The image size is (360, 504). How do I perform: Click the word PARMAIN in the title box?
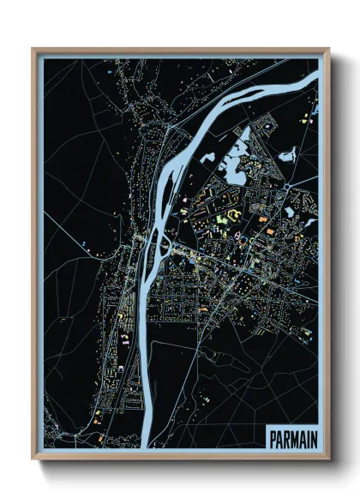coord(292,437)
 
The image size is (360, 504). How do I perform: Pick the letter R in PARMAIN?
coord(286,437)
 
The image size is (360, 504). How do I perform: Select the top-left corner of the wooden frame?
coord(33,49)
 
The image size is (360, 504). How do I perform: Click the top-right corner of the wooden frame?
coord(329,49)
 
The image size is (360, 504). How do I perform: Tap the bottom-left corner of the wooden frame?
coord(33,459)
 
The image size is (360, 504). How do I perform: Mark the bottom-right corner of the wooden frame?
coord(329,459)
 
